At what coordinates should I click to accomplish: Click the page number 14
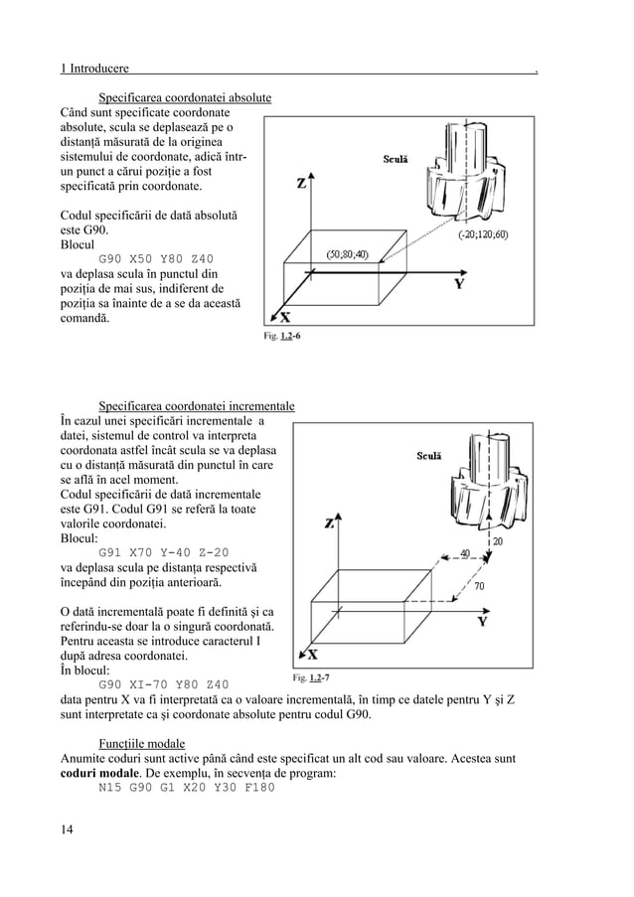pos(68,829)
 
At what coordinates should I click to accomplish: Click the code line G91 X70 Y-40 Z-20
pos(163,552)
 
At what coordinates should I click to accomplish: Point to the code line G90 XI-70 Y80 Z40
pos(164,684)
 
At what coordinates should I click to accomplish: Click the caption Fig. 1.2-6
pos(282,336)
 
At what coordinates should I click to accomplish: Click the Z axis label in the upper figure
pos(302,184)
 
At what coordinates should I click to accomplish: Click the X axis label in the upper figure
pos(284,318)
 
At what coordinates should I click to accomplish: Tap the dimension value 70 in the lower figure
pos(479,586)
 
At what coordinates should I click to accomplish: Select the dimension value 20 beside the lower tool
pos(497,542)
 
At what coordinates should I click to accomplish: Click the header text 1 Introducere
pos(94,69)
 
